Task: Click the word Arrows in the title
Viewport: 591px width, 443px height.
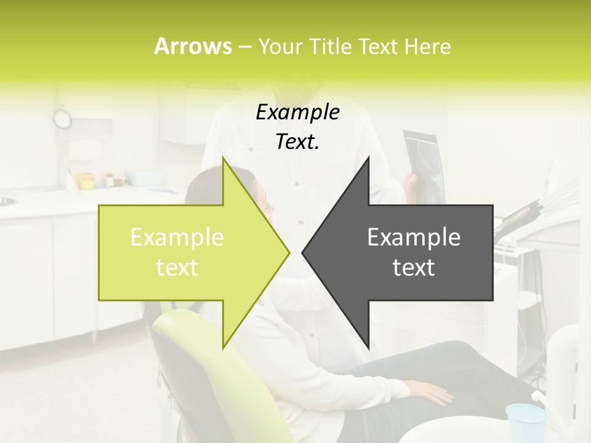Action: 192,46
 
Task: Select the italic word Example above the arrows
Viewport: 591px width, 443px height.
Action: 297,113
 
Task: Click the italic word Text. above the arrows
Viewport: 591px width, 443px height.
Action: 297,142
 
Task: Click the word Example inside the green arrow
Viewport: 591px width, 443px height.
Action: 177,237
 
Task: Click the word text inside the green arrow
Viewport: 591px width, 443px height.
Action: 177,268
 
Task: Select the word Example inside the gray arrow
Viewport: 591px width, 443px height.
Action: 414,237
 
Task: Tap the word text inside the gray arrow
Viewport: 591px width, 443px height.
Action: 414,268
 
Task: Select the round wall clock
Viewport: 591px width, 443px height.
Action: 62,118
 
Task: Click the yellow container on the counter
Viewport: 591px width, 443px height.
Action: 86,180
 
